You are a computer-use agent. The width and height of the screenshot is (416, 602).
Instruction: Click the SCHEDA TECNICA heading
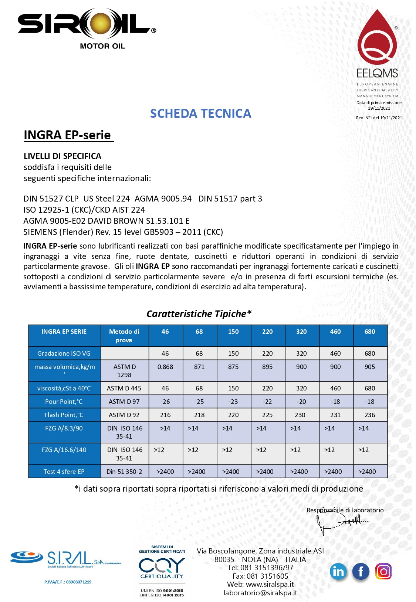pos(200,113)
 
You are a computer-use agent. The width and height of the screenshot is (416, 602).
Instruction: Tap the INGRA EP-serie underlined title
pos(67,135)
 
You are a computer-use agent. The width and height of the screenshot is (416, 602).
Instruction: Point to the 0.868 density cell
pos(165,367)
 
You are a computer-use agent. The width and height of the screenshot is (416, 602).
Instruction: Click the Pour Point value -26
pos(165,402)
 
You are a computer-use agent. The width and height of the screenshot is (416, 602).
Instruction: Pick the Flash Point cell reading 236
pos(370,415)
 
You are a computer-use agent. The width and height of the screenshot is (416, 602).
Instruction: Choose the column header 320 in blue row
pos(301,332)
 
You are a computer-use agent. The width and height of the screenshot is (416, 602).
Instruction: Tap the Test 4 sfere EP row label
pos(64,472)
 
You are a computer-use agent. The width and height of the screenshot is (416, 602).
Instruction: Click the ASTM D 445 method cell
pos(124,388)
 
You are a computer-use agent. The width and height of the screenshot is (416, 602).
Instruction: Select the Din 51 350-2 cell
pos(124,472)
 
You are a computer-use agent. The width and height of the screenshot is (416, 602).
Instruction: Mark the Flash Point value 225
pos(267,415)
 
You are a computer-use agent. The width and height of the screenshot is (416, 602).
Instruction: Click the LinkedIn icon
pos(338,572)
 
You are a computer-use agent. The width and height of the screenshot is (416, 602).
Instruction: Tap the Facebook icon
pos(361,572)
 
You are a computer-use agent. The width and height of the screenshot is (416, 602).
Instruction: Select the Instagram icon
pos(383,572)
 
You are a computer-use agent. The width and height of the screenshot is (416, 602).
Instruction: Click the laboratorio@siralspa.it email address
pos(260,593)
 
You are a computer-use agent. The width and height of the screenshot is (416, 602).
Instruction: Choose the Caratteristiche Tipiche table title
pos(199,314)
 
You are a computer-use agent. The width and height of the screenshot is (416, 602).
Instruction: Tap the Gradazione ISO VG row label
pos(64,353)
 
